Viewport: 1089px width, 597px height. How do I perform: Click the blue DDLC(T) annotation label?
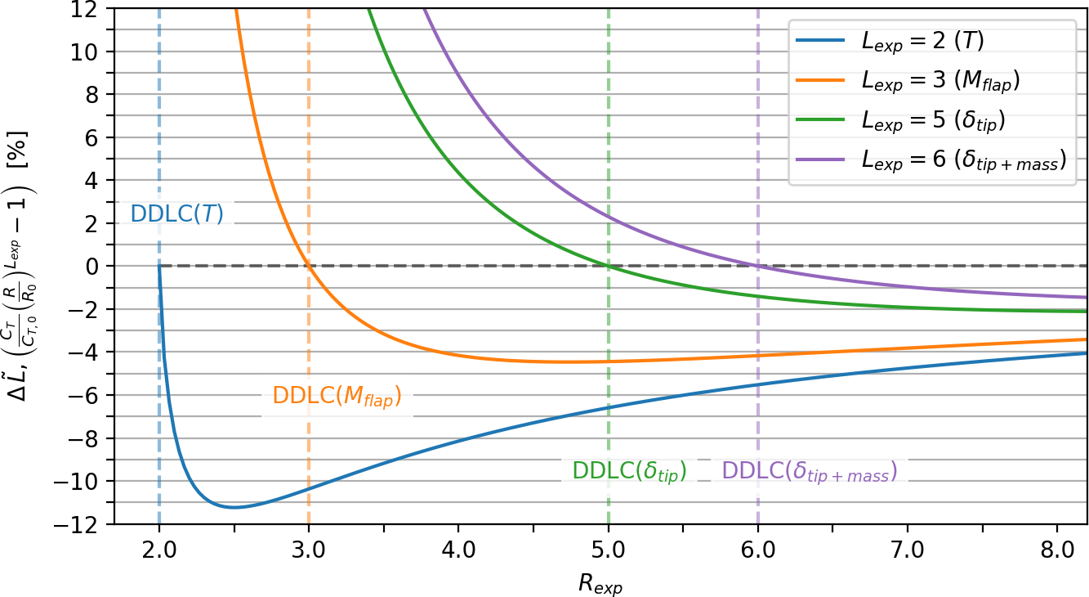(x=177, y=214)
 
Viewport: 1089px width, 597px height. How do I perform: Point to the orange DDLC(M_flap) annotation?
(x=337, y=396)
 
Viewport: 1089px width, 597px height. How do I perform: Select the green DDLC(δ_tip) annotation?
(x=629, y=471)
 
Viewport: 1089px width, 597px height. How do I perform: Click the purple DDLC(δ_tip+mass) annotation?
(x=810, y=471)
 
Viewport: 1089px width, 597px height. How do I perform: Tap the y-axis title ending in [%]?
(x=22, y=266)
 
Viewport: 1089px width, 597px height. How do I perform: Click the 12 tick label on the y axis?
(x=89, y=9)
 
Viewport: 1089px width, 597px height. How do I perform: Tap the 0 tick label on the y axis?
(x=96, y=266)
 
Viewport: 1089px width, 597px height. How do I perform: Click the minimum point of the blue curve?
(x=234, y=507)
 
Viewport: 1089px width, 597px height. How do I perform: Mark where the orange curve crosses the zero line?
(x=308, y=266)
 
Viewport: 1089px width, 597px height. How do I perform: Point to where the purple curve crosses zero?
(x=757, y=266)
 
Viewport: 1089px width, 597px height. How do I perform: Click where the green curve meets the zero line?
(x=608, y=266)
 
